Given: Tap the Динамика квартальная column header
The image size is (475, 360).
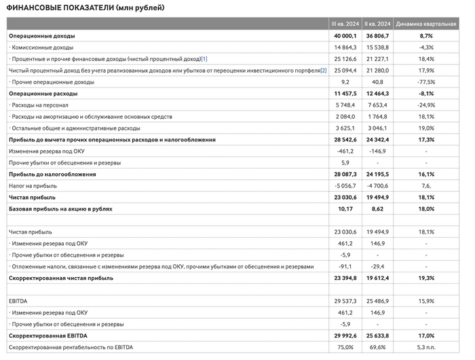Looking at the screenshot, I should point(426,23).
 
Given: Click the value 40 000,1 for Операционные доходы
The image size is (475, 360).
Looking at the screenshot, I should point(344,35).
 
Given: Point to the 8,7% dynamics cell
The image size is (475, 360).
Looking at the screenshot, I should point(426,35).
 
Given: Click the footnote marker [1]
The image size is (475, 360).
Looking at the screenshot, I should point(204,58).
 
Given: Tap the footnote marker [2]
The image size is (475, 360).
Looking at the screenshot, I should point(324,70).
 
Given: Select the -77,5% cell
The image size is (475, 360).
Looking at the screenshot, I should point(426,82).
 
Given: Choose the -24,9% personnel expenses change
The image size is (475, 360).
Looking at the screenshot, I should point(426,105).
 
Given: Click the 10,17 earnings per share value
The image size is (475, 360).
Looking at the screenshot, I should point(348,209).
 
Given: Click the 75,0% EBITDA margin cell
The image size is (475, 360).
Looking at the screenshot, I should point(346,347).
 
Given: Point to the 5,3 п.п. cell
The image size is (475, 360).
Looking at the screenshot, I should point(426,347).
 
